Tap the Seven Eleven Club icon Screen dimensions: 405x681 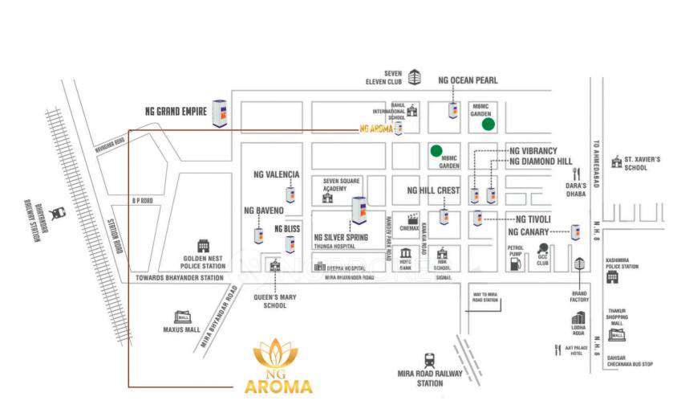point(415,77)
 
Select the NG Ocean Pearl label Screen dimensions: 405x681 point(468,80)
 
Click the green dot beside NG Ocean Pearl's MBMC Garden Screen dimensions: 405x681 point(487,124)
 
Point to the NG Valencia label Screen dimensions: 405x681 point(276,174)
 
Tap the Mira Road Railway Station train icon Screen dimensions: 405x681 point(430,360)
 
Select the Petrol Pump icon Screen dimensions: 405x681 point(516,261)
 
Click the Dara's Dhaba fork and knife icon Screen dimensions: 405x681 point(575,173)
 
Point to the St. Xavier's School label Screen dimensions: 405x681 point(642,164)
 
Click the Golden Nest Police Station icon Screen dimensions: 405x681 point(204,245)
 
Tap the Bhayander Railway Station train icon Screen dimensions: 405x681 point(57,213)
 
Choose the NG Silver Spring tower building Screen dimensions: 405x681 point(359,211)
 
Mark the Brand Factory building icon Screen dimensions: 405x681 point(579,264)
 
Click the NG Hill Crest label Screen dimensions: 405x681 point(433,190)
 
